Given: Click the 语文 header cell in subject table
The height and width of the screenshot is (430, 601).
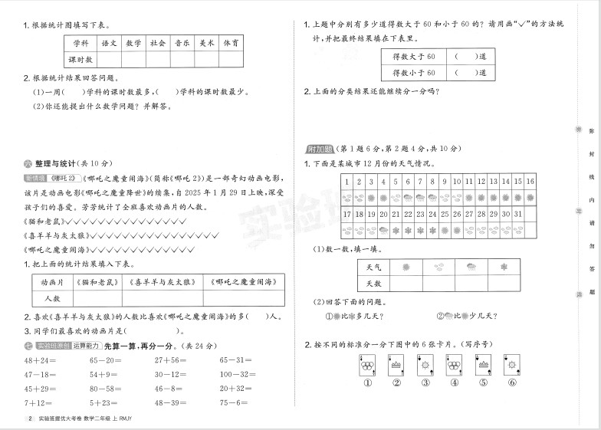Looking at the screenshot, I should click(x=109, y=43).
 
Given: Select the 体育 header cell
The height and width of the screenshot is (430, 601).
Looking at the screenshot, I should click(x=230, y=43).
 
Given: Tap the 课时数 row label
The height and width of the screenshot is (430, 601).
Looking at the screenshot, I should click(x=79, y=59).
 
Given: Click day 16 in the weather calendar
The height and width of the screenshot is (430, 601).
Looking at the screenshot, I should click(x=529, y=182).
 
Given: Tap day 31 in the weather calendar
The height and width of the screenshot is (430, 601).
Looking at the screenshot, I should click(x=517, y=214).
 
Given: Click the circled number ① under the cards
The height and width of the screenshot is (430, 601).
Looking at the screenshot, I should click(x=367, y=384).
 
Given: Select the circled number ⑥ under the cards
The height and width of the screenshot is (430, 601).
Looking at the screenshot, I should click(x=510, y=384).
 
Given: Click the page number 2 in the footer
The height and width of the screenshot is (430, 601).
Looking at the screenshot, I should click(x=30, y=419).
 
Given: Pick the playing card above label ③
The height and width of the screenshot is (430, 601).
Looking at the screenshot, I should click(x=424, y=365).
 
